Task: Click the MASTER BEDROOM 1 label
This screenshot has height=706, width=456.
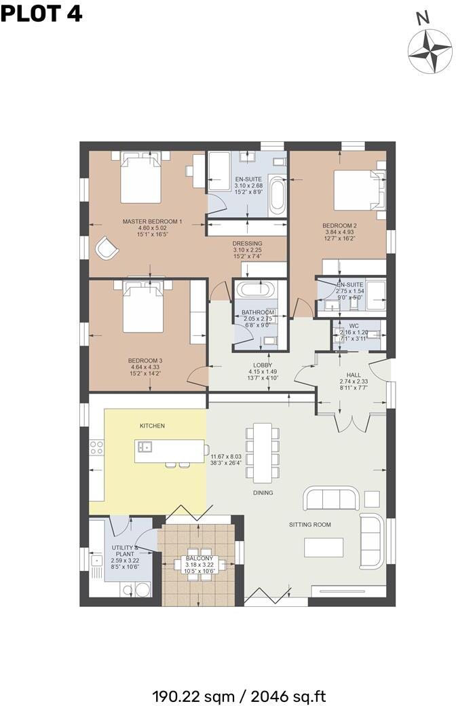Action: tap(152, 221)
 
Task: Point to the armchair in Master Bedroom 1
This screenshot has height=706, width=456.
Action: tap(106, 248)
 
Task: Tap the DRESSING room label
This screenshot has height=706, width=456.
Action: tap(247, 244)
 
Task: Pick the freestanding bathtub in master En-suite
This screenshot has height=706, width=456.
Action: tap(276, 195)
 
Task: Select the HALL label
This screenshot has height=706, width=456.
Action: tap(353, 375)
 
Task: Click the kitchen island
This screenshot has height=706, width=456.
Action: tap(170, 449)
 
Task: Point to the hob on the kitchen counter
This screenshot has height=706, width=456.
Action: tap(96, 447)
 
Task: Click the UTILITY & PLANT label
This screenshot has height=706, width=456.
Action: tap(126, 551)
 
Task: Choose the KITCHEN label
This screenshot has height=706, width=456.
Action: tap(152, 426)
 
